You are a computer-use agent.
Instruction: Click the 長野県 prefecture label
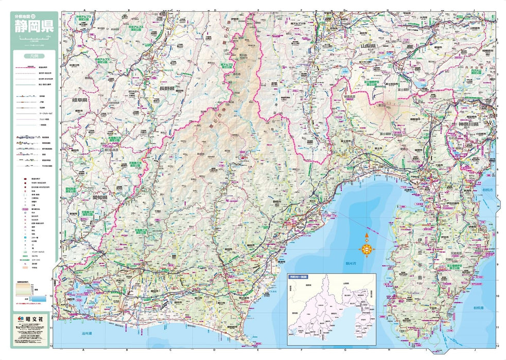[167, 88]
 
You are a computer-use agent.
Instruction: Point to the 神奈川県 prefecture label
[469, 125]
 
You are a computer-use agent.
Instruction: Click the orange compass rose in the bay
[366, 248]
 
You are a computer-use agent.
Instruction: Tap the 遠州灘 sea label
[86, 334]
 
